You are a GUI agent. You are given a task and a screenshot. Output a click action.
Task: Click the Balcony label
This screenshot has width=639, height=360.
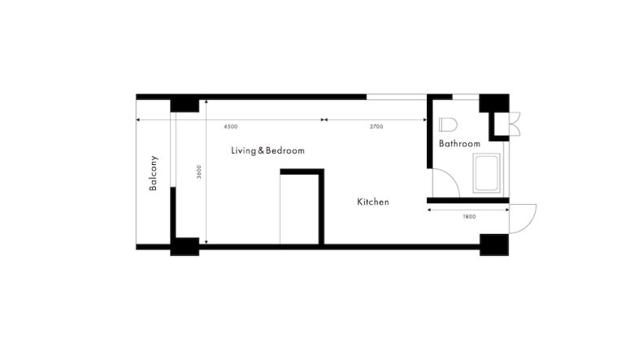coord(153,173)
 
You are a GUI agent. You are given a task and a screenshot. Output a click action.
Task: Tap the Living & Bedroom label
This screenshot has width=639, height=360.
coord(267,150)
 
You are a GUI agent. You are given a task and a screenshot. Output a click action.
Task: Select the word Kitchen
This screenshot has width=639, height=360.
coord(373,202)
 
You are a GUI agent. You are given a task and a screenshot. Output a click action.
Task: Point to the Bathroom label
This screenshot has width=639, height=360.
coord(459,143)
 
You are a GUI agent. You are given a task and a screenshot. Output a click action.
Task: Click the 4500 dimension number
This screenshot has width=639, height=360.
coord(231,127)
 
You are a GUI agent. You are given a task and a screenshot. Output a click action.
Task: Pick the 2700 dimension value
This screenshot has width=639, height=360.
coord(376,127)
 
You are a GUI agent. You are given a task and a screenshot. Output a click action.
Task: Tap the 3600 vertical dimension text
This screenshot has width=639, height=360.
coord(199,171)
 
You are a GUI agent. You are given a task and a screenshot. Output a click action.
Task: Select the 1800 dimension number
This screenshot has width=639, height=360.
coord(469,217)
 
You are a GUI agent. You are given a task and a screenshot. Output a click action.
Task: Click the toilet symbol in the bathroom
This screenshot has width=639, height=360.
coord(448,124)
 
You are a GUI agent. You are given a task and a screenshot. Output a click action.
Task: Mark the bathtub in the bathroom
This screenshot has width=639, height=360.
coord(486,172)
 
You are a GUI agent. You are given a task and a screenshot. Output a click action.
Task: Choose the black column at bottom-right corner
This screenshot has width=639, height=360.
coord(494,245)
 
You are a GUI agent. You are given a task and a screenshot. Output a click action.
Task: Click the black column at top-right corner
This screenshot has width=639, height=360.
coord(494,103)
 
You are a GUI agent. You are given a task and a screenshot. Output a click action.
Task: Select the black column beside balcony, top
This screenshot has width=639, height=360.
coord(185,105)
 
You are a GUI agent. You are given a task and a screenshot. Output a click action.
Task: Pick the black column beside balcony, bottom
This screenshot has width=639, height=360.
coord(185,247)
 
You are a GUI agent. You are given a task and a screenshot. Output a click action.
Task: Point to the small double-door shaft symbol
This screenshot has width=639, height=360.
coord(515,124)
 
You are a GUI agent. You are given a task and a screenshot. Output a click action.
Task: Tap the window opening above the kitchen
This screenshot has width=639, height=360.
coord(397,97)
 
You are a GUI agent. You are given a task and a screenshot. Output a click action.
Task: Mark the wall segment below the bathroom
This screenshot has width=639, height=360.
coord(467,201)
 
